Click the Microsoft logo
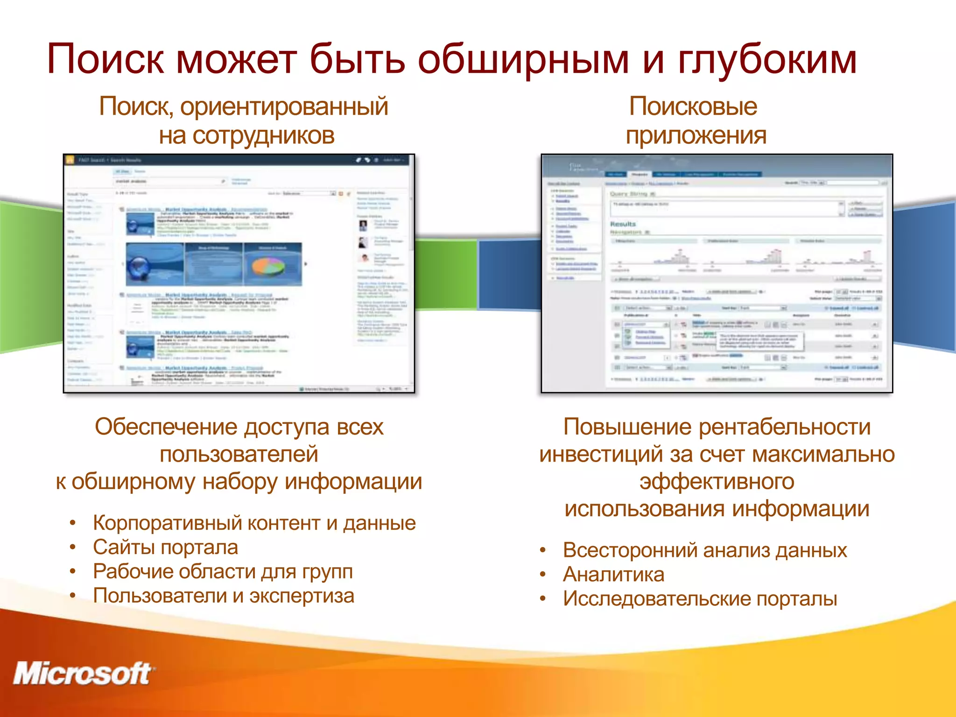click(x=83, y=674)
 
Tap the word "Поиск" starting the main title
click(x=105, y=60)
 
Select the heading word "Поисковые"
click(x=693, y=106)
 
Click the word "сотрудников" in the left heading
click(x=263, y=136)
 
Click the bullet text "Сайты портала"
click(x=165, y=548)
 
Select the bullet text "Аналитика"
click(x=613, y=575)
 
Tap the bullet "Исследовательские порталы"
click(x=700, y=599)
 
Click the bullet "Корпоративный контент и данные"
click(x=254, y=523)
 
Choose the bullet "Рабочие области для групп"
click(x=223, y=572)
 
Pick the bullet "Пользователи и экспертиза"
click(x=223, y=596)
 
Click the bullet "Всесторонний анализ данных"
click(x=704, y=550)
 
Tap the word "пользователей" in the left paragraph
click(x=239, y=454)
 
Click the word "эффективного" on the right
click(x=717, y=482)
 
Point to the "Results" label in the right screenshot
click(x=623, y=224)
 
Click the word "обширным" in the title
click(x=523, y=60)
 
